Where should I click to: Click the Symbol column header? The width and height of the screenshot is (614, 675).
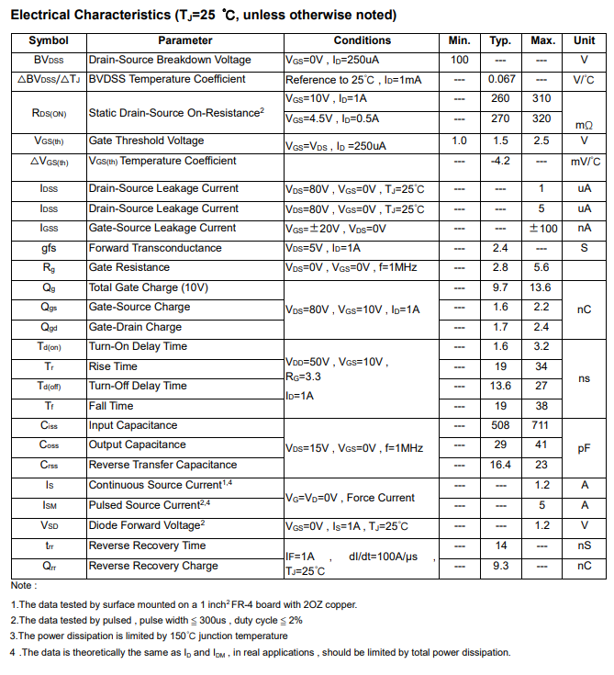(x=49, y=40)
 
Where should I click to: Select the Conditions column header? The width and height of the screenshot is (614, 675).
(x=362, y=40)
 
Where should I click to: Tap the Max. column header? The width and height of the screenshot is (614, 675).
(x=542, y=40)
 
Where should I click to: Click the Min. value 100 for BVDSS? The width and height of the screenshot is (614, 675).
(x=460, y=60)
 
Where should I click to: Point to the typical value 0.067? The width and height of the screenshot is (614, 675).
(x=501, y=79)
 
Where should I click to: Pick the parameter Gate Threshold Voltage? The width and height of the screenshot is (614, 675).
(x=146, y=141)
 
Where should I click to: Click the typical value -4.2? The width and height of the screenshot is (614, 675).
(x=500, y=161)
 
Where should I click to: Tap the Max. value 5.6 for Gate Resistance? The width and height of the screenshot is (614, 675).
(x=541, y=267)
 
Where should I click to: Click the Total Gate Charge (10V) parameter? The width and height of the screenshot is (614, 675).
(x=148, y=287)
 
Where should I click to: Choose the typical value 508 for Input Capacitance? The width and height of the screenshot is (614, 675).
(x=500, y=425)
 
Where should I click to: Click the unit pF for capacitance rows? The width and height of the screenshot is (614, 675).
(x=585, y=448)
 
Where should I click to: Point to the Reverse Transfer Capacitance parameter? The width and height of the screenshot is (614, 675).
(x=162, y=465)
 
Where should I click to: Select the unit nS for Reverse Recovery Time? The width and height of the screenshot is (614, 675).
(x=585, y=546)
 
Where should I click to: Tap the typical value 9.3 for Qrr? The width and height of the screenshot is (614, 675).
(x=500, y=566)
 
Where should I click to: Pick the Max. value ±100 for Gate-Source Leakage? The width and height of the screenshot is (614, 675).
(x=542, y=229)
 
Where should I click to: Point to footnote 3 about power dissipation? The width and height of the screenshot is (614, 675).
(x=149, y=636)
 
